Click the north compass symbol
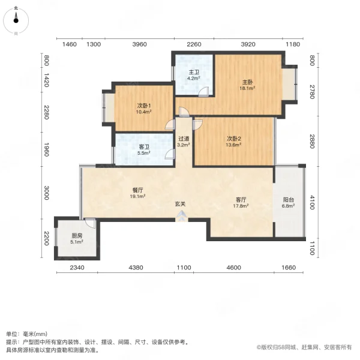click(16, 21)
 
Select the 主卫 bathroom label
click(193, 72)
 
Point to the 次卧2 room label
click(233, 138)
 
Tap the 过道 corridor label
click(184, 139)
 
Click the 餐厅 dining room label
click(139, 189)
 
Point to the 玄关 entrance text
click(180, 204)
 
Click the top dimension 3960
click(139, 44)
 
